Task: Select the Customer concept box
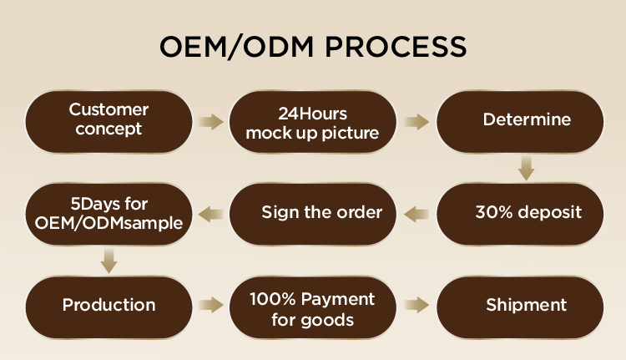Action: [x=109, y=121]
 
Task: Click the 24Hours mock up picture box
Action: [x=312, y=123]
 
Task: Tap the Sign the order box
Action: [x=312, y=213]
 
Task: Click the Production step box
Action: [x=109, y=305]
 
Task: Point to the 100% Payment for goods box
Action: [x=312, y=309]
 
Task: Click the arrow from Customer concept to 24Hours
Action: [x=211, y=122]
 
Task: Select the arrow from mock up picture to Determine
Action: [x=416, y=122]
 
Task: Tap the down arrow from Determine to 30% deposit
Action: [x=525, y=168]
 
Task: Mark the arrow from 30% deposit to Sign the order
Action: [x=416, y=215]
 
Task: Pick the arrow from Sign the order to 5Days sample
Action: [x=211, y=215]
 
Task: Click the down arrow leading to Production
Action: [x=109, y=262]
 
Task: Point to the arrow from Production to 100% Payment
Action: [x=211, y=305]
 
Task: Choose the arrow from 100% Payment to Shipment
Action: [x=416, y=305]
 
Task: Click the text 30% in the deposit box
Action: [x=490, y=212]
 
